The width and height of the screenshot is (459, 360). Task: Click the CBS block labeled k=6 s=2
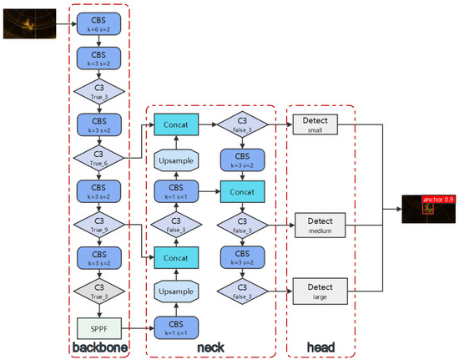click(x=99, y=23)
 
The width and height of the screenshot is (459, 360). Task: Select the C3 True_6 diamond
click(x=99, y=157)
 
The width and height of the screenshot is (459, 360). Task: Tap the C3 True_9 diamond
click(x=99, y=223)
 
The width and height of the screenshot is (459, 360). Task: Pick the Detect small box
click(x=320, y=124)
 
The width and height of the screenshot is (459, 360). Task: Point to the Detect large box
click(x=320, y=291)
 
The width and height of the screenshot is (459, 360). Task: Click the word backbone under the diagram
click(x=99, y=347)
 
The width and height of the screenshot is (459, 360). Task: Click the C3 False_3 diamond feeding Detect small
click(x=243, y=124)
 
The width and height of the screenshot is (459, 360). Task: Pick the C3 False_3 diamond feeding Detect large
click(x=243, y=291)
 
